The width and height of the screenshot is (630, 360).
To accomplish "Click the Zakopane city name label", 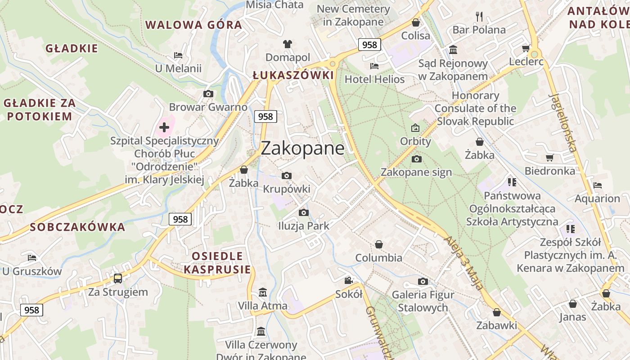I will (302, 148).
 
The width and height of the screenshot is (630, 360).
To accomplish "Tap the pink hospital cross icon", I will (164, 127).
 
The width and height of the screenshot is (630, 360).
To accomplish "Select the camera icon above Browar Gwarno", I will (208, 94).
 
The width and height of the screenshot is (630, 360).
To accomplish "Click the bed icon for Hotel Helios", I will (374, 66).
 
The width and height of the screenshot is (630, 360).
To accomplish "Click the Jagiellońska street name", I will (563, 123).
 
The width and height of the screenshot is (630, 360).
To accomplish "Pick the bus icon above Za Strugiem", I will (117, 279).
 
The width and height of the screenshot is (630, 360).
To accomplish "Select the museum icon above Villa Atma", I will (263, 292).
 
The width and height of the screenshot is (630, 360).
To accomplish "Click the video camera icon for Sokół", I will (348, 281).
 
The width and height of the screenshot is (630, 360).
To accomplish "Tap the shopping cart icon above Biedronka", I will (549, 157).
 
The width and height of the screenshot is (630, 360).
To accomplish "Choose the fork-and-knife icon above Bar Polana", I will (479, 17).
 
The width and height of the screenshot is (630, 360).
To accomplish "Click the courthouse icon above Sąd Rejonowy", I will (453, 50).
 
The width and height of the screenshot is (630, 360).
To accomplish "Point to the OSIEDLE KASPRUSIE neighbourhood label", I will (217, 263).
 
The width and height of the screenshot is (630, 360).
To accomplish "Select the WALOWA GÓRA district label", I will (193, 25).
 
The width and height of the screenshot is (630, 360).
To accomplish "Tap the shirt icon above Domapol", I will (288, 44).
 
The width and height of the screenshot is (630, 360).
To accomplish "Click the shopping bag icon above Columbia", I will (379, 244).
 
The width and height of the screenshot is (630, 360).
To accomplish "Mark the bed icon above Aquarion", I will (597, 185).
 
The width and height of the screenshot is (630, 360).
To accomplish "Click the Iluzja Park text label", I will (304, 226).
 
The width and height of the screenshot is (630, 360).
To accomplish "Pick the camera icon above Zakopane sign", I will (416, 159).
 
